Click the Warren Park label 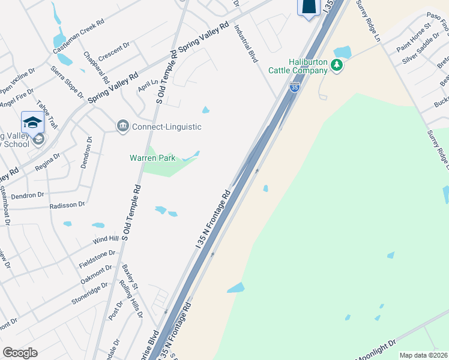pos(152,158)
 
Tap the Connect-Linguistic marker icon pos(122,126)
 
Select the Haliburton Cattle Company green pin pos(337,65)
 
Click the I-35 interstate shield pos(294,87)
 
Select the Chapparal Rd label pos(97,67)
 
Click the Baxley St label pos(130,277)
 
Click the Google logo pos(20,352)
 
